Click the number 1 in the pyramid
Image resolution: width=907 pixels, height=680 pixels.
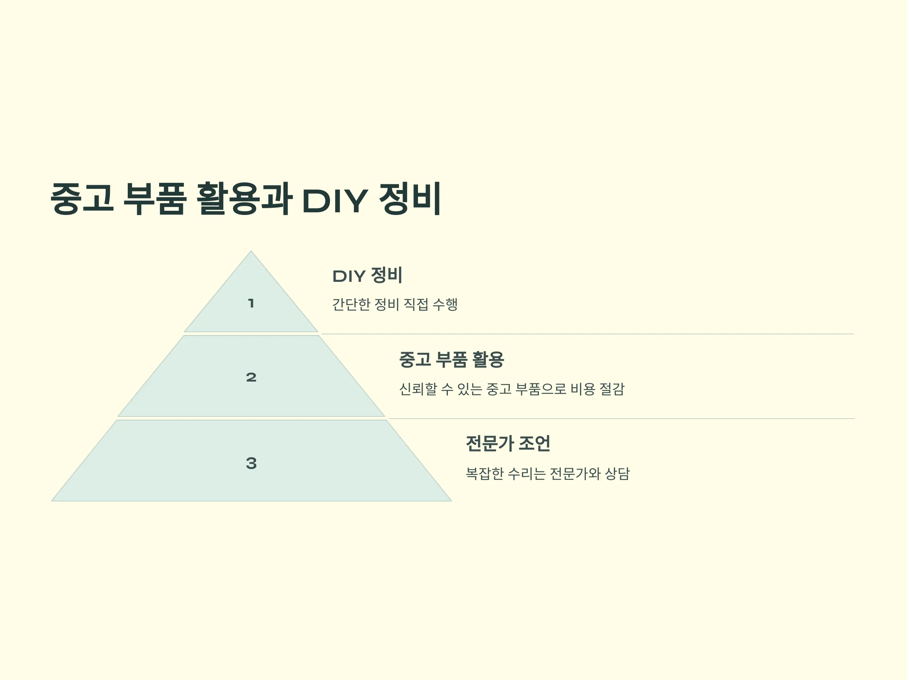[x=251, y=303]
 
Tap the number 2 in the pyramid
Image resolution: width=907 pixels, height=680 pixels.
[x=251, y=377]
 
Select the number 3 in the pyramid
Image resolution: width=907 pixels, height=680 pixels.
[x=251, y=463]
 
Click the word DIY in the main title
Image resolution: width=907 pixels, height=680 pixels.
[x=334, y=201]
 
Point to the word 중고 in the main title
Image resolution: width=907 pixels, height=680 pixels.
[x=82, y=198]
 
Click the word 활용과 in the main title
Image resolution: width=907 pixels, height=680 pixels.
[x=245, y=198]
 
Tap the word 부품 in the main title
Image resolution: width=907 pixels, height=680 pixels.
[x=155, y=198]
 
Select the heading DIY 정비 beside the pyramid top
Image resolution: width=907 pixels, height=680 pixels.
[x=367, y=275]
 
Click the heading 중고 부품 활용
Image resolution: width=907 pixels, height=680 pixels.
[x=452, y=360]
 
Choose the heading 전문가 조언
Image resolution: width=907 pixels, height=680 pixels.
[x=508, y=444]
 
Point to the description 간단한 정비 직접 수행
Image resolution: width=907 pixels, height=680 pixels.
[x=395, y=304]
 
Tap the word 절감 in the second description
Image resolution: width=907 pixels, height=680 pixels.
[x=612, y=389]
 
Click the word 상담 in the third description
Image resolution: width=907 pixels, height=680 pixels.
[x=618, y=473]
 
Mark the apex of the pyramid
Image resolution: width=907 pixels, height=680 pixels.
[x=251, y=251]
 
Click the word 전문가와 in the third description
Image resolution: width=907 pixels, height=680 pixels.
[x=575, y=473]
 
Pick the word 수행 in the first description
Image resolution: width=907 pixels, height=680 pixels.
[x=445, y=304]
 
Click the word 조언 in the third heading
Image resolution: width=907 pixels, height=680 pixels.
[x=535, y=444]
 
